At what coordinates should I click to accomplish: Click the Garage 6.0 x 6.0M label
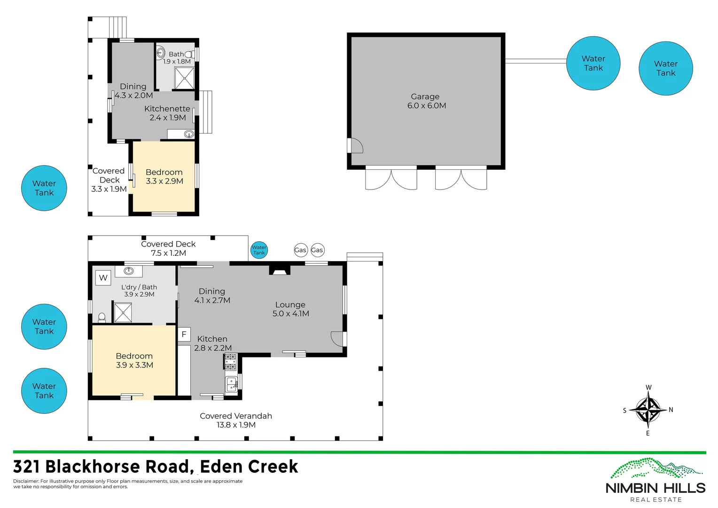coord(426,101)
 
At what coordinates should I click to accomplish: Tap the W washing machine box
coord(103,278)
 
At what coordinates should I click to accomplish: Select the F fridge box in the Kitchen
coord(184,334)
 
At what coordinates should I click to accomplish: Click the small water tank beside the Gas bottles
coord(259,250)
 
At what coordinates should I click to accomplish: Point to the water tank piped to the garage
coord(593,63)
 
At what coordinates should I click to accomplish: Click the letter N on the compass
coord(671,410)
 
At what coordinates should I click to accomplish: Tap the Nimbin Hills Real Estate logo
coord(656,480)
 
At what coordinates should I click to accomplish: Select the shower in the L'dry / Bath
coord(123,312)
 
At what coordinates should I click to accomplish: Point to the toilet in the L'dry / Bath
coord(101,317)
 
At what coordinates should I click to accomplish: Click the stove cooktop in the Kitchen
coord(230,362)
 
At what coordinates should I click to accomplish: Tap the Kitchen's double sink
coord(231,384)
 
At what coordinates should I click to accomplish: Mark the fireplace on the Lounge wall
coord(280,270)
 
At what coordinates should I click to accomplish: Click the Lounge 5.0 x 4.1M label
coord(290,309)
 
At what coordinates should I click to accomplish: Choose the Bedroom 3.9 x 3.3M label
coord(134,360)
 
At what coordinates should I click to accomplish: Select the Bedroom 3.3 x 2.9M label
coord(164,176)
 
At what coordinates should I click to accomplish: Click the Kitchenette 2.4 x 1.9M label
coord(167,113)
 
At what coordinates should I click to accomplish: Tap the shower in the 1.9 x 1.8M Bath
coord(184,78)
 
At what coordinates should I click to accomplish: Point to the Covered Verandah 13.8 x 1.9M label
coord(236,420)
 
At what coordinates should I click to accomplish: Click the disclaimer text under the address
coord(128,484)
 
